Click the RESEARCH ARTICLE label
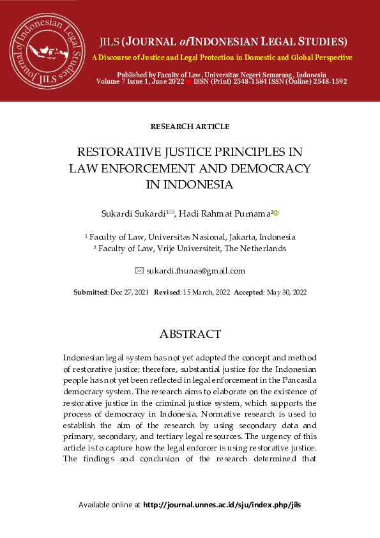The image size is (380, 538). click(190, 127)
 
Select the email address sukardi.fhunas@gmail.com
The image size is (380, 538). click(195, 271)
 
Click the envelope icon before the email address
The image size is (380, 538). click(140, 271)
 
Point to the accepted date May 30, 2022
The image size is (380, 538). click(286, 292)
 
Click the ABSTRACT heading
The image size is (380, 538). click(190, 334)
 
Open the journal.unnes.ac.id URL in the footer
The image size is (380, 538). click(222, 505)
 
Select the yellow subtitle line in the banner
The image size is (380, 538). click(222, 58)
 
